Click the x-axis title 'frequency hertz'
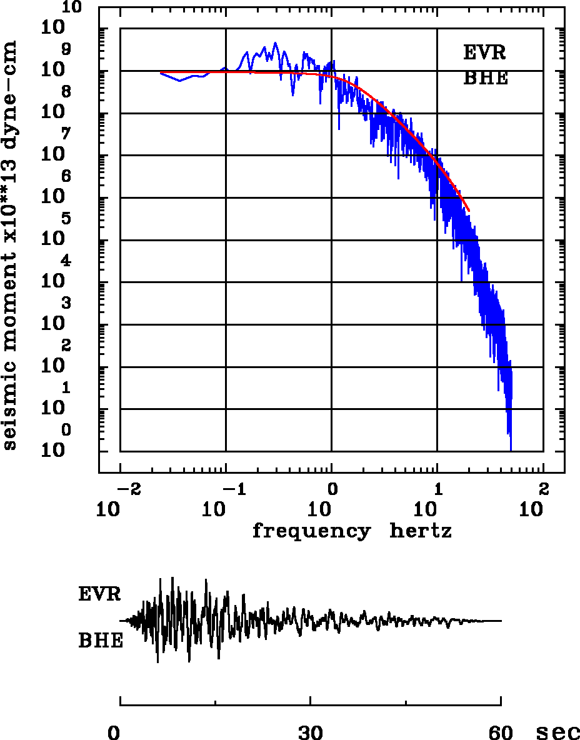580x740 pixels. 352,532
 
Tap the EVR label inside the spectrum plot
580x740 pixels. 484,52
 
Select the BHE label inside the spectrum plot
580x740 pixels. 486,79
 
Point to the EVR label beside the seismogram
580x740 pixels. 99,594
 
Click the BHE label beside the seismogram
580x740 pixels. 101,641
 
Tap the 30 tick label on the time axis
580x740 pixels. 311,732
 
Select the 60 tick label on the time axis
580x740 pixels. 501,732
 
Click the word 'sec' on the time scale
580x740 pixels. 558,732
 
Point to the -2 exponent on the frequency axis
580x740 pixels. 125,488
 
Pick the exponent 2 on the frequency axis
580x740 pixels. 543,488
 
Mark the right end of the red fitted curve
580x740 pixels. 469,211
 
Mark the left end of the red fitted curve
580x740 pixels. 161,72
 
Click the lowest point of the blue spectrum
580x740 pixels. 511,449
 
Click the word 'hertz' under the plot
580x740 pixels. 421,532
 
